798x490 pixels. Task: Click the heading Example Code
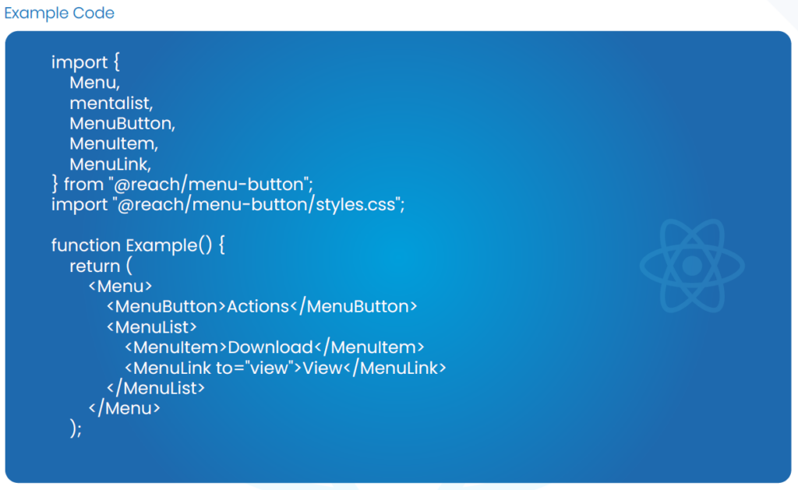point(59,13)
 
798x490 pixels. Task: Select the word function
point(86,245)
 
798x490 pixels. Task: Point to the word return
point(95,266)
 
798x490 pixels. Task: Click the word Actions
point(258,306)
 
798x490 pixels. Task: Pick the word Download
point(270,347)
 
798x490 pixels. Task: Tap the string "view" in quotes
point(270,368)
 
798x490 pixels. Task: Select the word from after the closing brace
point(83,185)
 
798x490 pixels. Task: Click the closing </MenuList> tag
point(156,387)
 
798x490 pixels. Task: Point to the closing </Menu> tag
point(125,407)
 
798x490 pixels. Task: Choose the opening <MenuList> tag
point(151,326)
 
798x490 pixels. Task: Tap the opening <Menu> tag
point(120,286)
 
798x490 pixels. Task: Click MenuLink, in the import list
point(110,164)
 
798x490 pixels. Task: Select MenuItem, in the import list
point(114,144)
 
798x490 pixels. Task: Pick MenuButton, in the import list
point(122,123)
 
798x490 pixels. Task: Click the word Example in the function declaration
point(161,245)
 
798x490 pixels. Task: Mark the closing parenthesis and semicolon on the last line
point(76,428)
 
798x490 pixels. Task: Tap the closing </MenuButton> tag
point(355,306)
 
